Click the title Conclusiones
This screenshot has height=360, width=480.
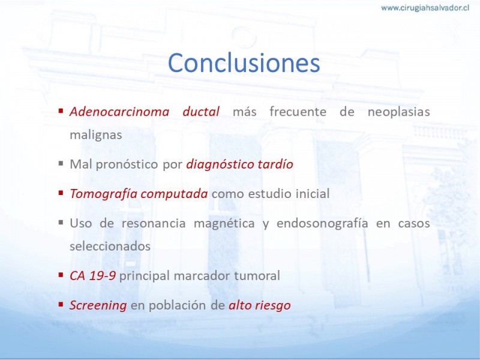244,63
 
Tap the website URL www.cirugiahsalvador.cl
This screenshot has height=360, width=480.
425,8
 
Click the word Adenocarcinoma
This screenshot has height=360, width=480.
119,112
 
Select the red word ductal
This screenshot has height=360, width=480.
201,112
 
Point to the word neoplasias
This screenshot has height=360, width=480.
398,112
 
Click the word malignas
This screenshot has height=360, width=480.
96,135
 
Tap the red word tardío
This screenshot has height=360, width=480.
275,164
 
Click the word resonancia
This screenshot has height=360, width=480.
154,223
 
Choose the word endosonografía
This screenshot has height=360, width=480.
322,223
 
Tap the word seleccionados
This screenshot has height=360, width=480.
110,246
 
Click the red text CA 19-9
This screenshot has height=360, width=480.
92,276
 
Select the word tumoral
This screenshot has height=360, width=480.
257,275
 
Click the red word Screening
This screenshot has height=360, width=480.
98,305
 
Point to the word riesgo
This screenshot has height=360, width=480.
274,305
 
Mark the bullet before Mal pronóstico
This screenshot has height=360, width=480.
61,163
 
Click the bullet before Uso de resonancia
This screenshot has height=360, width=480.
61,222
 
